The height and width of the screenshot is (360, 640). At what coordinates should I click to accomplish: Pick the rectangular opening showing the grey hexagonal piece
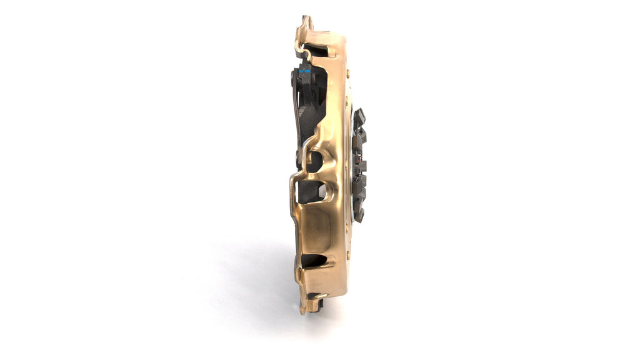click(x=311, y=192)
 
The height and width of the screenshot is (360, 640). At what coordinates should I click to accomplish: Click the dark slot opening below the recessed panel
click(x=314, y=260)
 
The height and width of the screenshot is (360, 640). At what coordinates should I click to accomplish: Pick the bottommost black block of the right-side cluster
click(x=359, y=214)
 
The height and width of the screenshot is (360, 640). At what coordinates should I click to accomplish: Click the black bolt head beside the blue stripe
click(x=293, y=77)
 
